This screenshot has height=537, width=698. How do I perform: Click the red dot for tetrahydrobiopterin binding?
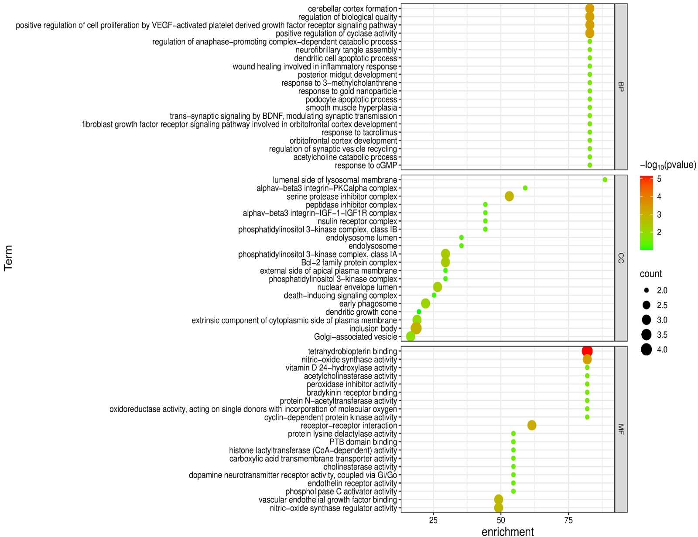coord(587,351)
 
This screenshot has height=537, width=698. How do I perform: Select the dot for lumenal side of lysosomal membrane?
coord(605,180)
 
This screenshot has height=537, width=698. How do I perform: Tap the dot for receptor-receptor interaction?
coord(532,425)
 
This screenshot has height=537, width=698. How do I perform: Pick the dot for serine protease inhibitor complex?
coord(509,196)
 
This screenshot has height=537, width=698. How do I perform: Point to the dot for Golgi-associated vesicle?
coord(411,337)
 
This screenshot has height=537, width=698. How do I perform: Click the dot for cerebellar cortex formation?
coord(590,9)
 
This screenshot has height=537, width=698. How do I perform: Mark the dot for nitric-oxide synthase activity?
coord(587,359)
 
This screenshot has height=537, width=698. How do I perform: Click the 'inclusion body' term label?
coord(373,329)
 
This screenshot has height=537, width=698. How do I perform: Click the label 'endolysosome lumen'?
coord(361,238)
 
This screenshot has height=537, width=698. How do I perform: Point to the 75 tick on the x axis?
coord(568,520)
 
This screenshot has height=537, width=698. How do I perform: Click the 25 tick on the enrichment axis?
coord(433,520)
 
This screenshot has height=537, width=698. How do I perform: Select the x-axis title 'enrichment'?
coord(507,531)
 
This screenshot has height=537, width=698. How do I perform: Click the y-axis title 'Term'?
coord(8,258)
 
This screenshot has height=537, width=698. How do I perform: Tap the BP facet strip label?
coord(621,86)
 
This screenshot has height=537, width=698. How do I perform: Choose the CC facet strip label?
coord(621,258)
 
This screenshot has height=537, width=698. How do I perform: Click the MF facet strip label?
coord(621,429)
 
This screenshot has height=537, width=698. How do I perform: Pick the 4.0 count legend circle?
coord(647,350)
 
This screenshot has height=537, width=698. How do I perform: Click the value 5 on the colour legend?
coord(659,179)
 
